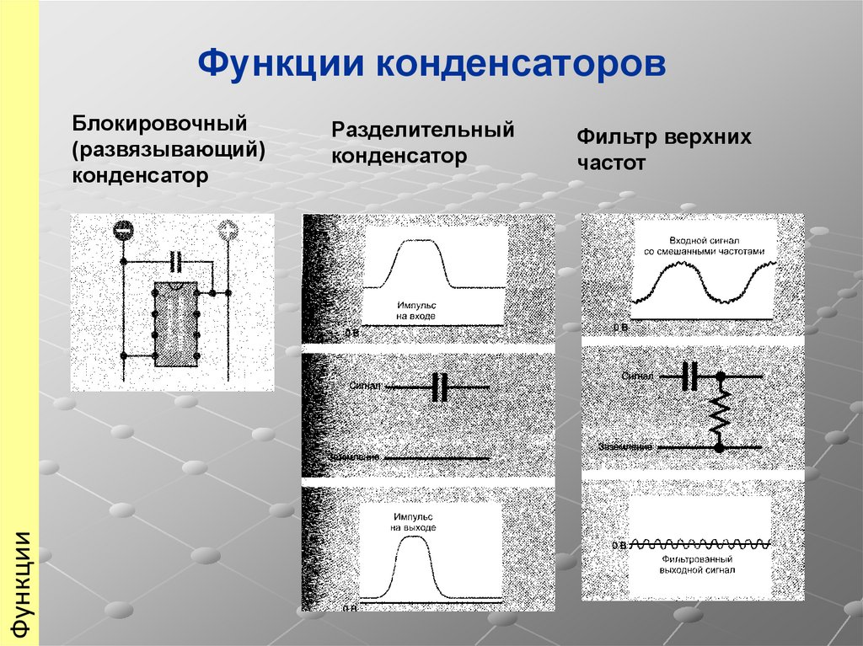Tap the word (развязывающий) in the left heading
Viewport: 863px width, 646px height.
169,150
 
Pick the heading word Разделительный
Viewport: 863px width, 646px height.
422,131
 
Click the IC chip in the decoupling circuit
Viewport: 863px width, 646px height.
175,323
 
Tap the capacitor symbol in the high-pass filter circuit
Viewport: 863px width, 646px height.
690,376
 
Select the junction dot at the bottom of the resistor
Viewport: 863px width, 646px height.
719,447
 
